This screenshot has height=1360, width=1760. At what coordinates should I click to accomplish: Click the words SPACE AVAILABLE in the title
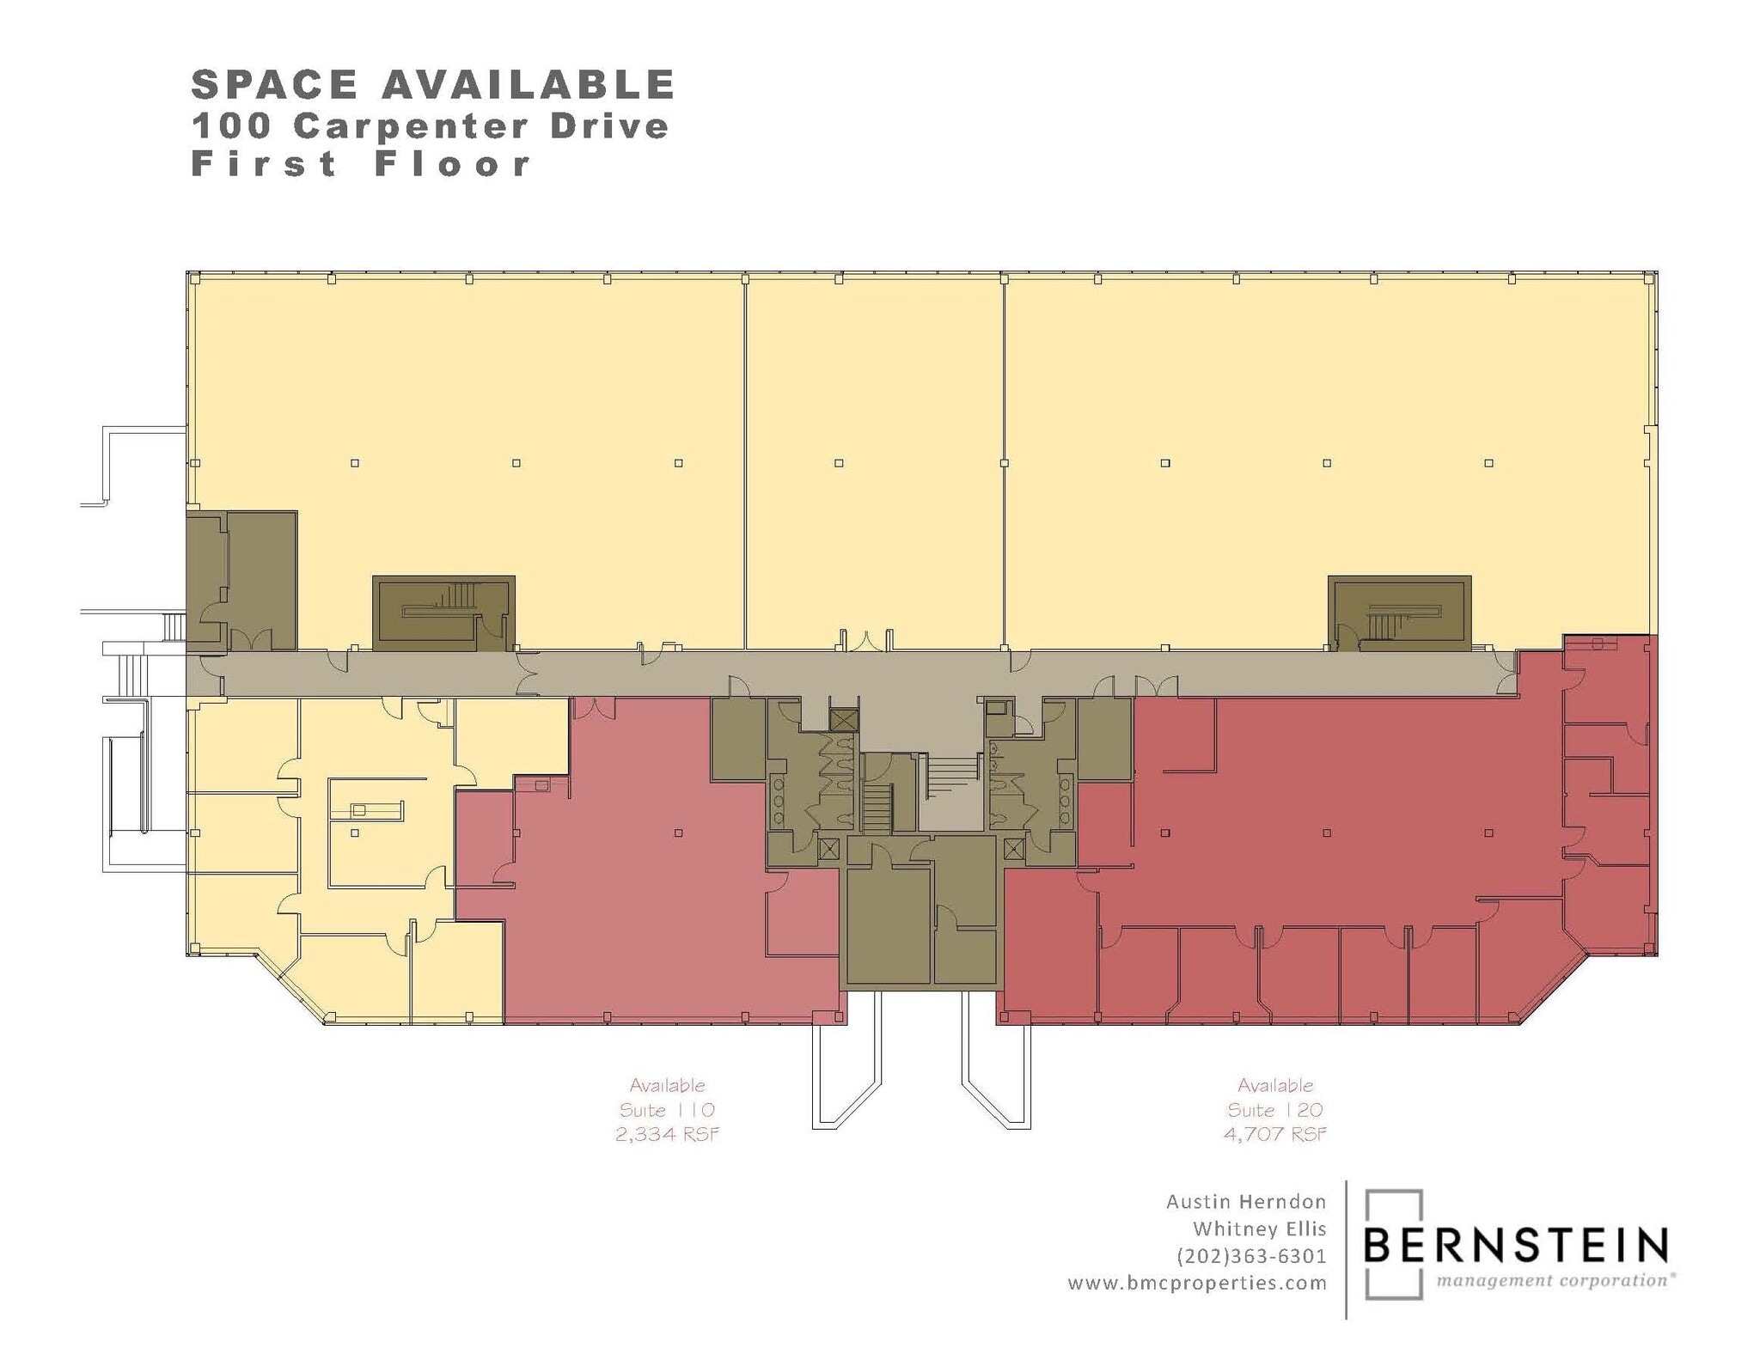[432, 85]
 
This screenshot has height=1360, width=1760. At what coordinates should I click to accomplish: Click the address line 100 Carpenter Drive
[430, 126]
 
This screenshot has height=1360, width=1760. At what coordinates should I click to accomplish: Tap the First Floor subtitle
[361, 163]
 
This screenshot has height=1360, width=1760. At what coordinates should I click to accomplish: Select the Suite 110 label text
[667, 1110]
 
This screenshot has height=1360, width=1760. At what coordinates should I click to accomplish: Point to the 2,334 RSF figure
[667, 1134]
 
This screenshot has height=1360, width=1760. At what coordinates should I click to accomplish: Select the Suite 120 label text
[1274, 1110]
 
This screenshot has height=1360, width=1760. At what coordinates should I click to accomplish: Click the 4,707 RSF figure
[1274, 1134]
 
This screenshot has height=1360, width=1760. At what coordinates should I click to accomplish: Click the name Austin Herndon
[1245, 1201]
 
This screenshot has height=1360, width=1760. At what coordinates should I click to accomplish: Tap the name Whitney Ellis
[1259, 1229]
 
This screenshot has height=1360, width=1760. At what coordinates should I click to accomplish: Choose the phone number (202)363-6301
[1251, 1256]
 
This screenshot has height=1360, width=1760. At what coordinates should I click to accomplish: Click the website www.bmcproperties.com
[1197, 1284]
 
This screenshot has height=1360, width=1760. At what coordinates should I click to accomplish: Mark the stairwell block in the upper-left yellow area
[443, 613]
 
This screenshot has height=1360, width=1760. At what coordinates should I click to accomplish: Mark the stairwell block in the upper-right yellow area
[1399, 613]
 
